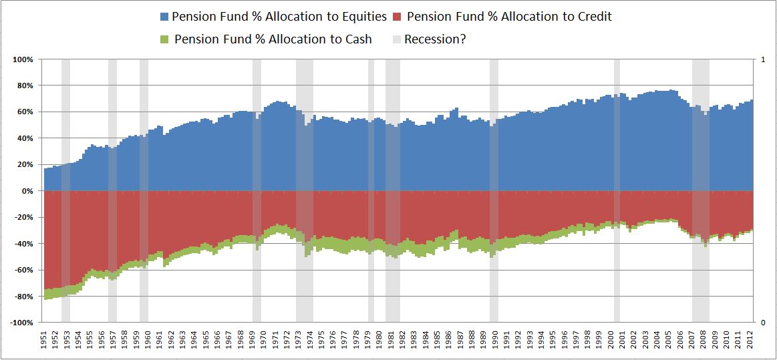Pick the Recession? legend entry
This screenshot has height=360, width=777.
[428, 39]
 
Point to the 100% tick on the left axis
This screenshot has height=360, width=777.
[23, 59]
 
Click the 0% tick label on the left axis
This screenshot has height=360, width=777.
[27, 191]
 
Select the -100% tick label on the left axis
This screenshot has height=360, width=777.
[22, 323]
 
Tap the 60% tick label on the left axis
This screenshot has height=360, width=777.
[25, 112]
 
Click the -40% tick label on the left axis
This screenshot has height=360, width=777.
[24, 244]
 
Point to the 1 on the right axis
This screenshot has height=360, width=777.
[763, 59]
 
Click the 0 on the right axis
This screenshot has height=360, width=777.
[763, 323]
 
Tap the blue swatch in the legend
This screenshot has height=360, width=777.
[164, 16]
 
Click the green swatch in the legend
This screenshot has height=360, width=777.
[166, 39]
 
